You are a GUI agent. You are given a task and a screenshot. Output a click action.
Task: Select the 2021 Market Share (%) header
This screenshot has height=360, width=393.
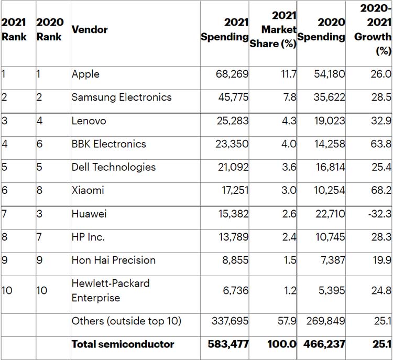[273, 30]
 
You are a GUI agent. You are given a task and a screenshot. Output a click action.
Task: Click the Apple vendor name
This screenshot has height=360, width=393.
[85, 74]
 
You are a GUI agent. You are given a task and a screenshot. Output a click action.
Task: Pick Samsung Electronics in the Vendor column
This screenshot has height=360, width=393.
[122, 97]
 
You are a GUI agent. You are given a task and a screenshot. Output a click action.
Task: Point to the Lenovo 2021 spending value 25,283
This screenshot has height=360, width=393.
[232, 121]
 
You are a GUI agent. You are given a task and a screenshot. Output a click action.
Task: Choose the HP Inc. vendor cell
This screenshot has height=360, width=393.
[88, 237]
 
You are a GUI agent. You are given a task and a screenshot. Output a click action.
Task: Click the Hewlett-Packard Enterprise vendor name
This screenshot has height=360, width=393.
[111, 290]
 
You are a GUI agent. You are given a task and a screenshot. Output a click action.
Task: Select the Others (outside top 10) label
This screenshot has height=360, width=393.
[126, 321]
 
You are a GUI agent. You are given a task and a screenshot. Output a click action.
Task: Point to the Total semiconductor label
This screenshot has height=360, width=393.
[123, 344]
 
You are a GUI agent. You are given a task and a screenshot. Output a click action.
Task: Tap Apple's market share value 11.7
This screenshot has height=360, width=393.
[289, 74]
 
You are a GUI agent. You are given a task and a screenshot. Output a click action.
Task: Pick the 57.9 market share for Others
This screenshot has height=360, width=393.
[287, 321]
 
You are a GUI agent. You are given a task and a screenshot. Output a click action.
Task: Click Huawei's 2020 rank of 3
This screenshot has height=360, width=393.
[38, 214]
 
